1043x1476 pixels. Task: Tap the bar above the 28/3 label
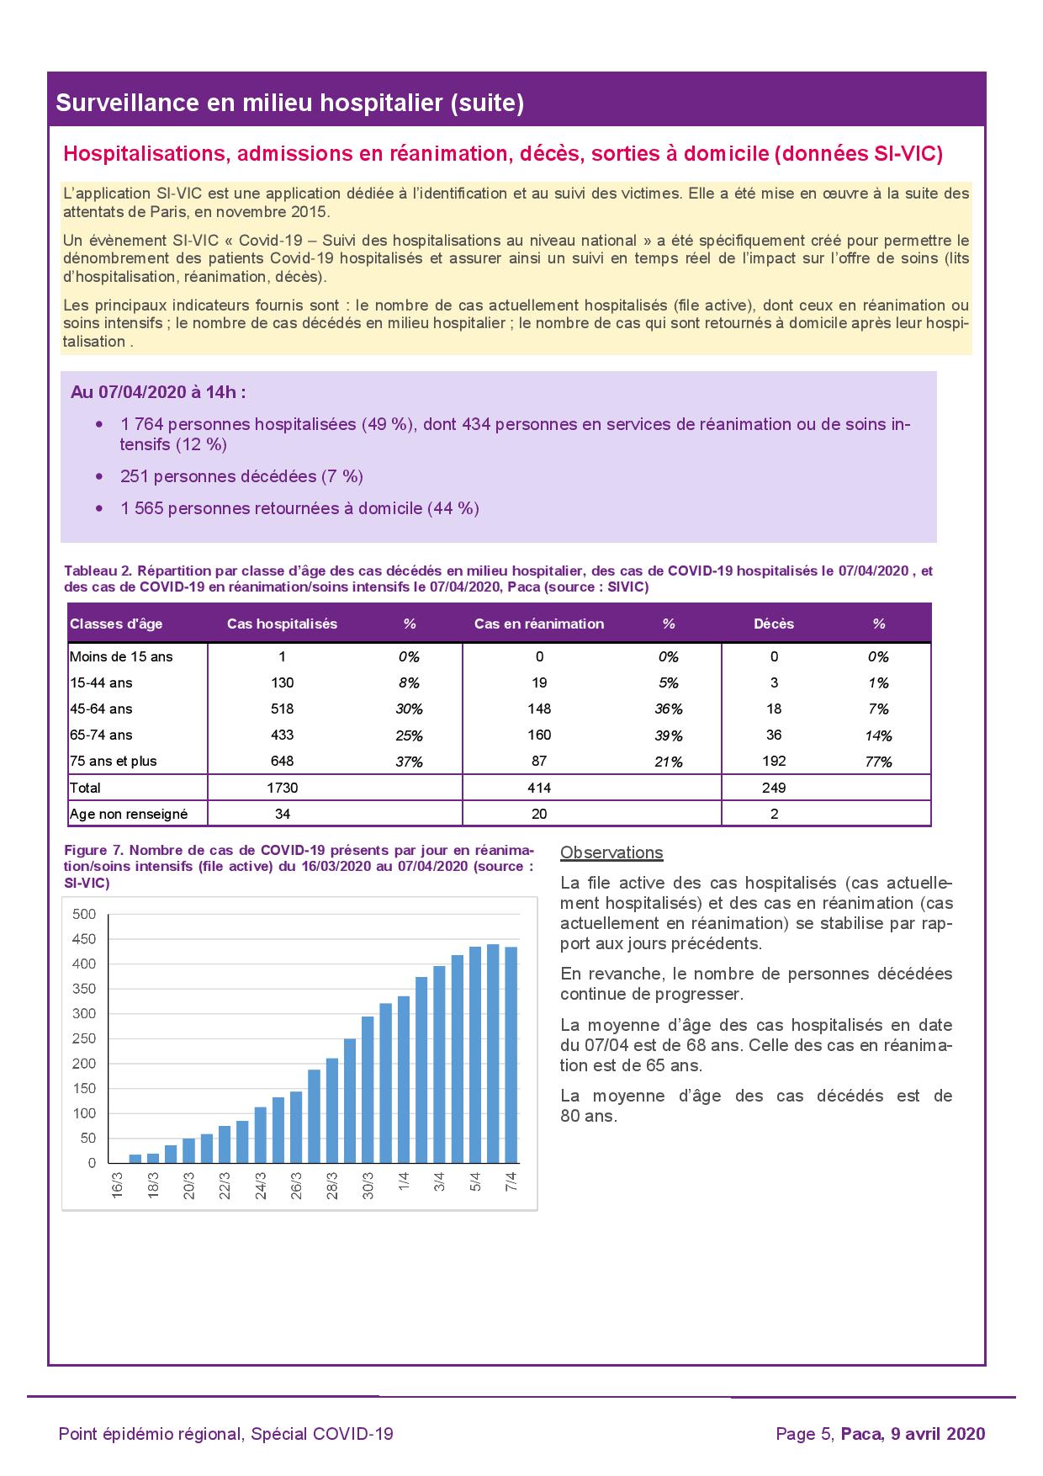[x=332, y=1111]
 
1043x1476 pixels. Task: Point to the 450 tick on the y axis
[x=85, y=939]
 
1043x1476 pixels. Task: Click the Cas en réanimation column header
[x=538, y=624]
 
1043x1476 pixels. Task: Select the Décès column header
[x=774, y=624]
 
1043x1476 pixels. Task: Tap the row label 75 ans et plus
[x=113, y=762]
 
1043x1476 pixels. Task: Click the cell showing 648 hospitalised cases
[x=283, y=762]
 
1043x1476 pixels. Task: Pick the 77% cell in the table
[x=878, y=762]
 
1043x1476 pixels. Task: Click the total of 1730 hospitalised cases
[x=283, y=788]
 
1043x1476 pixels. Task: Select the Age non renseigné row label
[x=128, y=815]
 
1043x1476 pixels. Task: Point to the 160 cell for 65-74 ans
[x=539, y=735]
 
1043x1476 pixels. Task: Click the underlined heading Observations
[x=612, y=853]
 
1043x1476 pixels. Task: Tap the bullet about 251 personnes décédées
[x=241, y=477]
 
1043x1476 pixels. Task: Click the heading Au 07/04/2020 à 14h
[x=158, y=393]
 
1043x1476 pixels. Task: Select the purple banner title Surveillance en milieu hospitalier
[x=290, y=104]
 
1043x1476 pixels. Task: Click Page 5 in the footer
[x=803, y=1434]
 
